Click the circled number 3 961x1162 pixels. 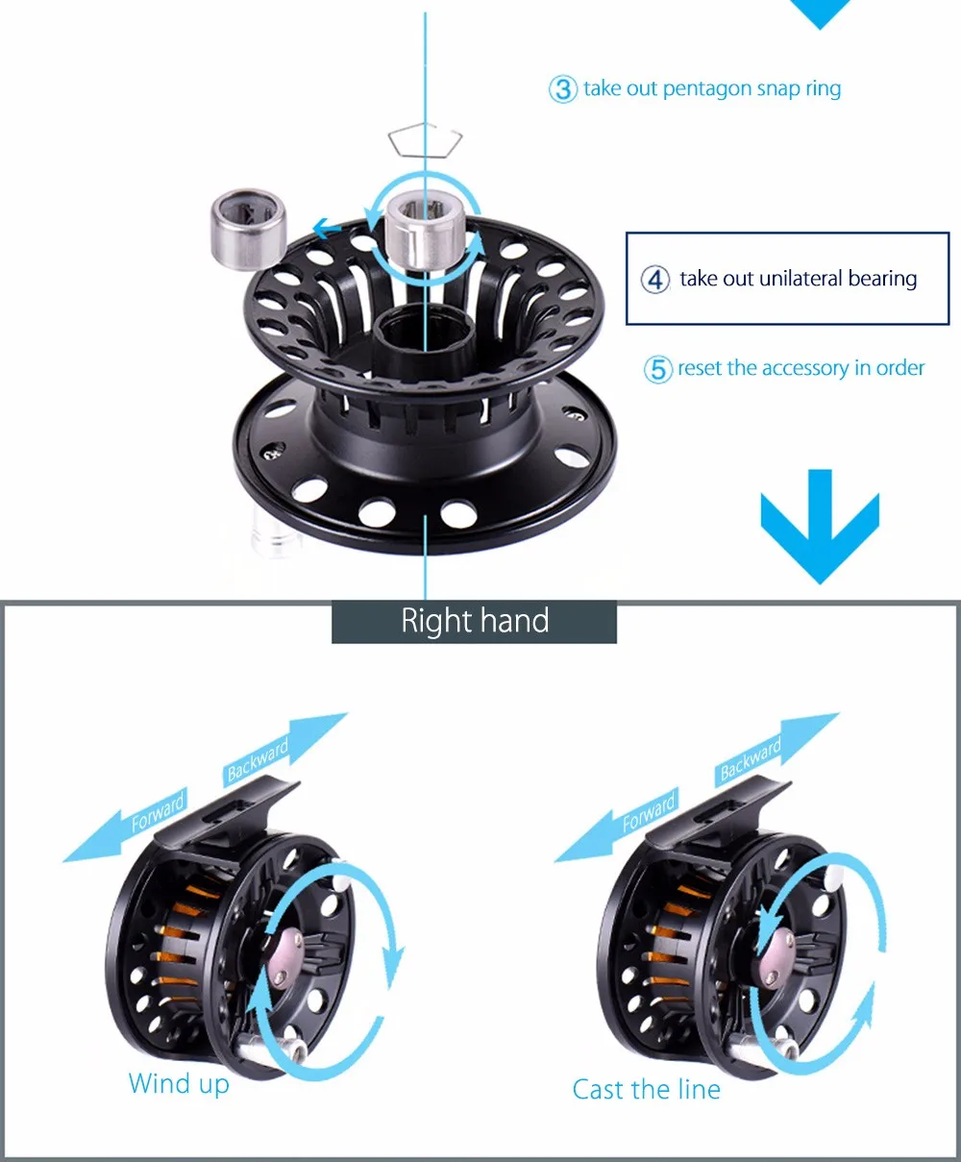point(563,89)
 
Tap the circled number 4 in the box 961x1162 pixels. point(655,280)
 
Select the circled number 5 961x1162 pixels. point(657,369)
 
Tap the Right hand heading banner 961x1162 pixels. point(474,621)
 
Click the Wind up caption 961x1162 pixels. point(179,1083)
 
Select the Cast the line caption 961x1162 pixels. point(646,1089)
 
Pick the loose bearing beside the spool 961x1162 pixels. point(248,228)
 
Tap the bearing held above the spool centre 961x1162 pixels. point(425,229)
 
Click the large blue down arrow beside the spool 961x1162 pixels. point(820,526)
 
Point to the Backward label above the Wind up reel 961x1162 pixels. point(258,759)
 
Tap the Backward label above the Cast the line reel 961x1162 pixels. point(751,758)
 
